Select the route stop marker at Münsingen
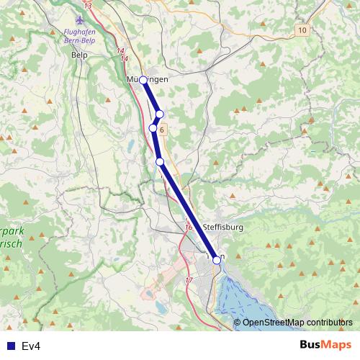coord(143,80)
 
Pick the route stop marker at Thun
coord(217,261)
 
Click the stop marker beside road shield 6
coord(153,128)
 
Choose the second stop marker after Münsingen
coord(153,128)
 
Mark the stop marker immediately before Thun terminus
coord(160,162)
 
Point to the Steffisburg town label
coord(223,227)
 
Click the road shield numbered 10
coord(301,30)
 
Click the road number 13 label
coord(88,5)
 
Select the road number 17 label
coord(189,279)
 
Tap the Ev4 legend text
coord(31,346)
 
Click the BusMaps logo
coord(325,346)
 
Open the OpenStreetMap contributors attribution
coord(297,323)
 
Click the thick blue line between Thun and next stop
coord(189,212)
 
